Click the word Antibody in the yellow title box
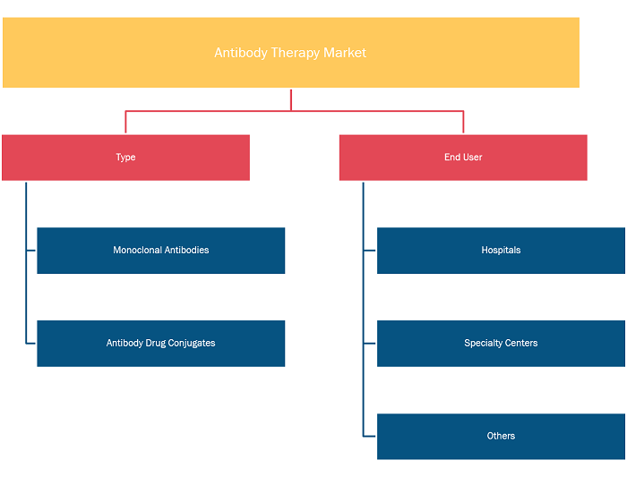point(241,53)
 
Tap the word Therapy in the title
point(295,53)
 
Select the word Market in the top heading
point(345,53)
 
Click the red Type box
point(126,158)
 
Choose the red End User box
point(463,158)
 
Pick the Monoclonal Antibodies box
point(160,251)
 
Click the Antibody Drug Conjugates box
point(160,343)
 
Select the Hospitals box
point(501,251)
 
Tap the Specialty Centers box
point(501,343)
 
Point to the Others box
point(501,436)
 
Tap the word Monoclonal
point(137,250)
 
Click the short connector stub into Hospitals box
point(369,251)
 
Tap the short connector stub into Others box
point(369,436)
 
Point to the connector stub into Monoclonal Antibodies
point(31,251)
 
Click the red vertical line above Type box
point(125,122)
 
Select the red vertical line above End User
point(463,122)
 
